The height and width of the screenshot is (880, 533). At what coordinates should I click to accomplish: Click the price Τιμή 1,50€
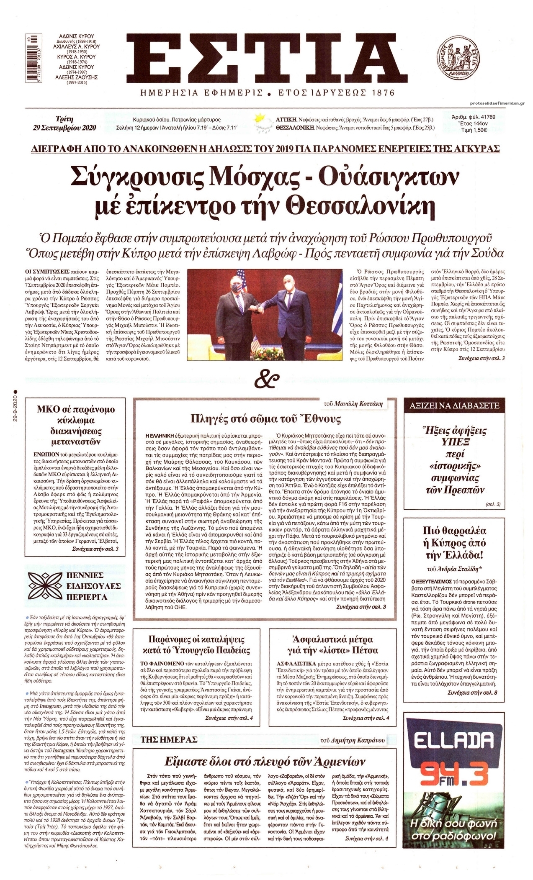[x=474, y=130]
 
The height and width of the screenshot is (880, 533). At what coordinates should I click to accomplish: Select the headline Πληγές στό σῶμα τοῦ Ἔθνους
[x=265, y=419]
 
